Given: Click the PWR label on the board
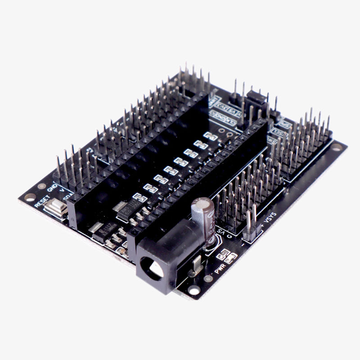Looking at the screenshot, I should coord(220,269).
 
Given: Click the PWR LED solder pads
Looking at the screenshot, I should coord(227,257).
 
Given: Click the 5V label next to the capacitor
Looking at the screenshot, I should coord(221,231).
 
